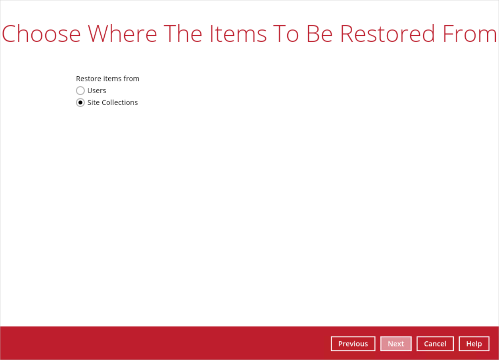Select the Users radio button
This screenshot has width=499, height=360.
[x=80, y=91]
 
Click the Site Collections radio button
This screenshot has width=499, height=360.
[x=80, y=102]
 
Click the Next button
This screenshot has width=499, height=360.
[x=396, y=344]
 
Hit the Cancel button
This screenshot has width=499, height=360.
[x=435, y=344]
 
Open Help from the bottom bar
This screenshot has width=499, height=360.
[x=474, y=344]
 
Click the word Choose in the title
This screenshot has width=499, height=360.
[x=41, y=34]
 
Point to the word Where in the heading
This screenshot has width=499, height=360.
[x=123, y=34]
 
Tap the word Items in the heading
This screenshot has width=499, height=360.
[x=238, y=34]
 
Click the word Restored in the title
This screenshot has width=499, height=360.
[x=388, y=34]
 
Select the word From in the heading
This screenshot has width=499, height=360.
[x=470, y=34]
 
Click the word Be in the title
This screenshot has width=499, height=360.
[x=320, y=34]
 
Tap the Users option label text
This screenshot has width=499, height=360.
[x=97, y=91]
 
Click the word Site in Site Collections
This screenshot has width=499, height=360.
[x=93, y=102]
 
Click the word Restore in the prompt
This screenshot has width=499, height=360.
[x=88, y=79]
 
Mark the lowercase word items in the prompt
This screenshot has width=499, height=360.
[x=112, y=79]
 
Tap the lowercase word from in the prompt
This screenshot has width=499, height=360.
[x=131, y=79]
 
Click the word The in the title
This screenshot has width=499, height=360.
[x=183, y=34]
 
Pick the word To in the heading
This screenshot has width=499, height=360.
[x=286, y=34]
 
